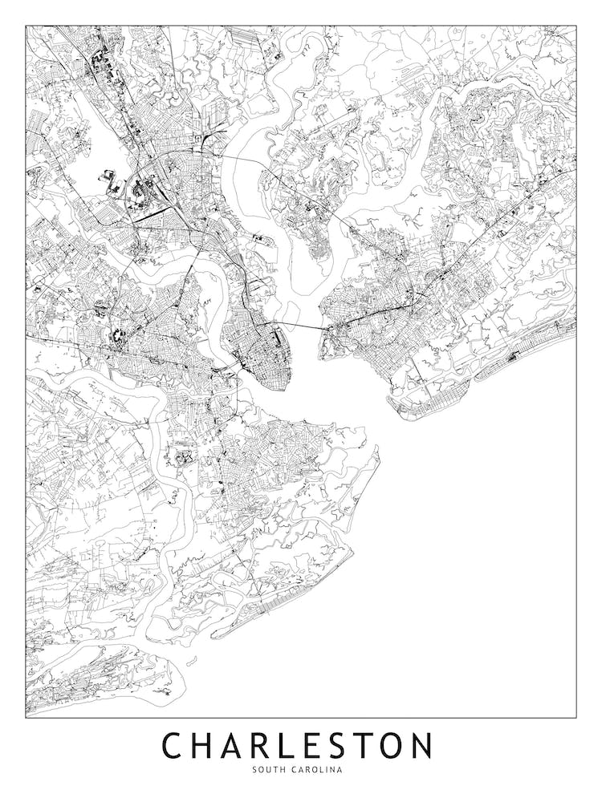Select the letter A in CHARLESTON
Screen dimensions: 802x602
(235, 745)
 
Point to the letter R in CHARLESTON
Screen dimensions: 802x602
(265, 745)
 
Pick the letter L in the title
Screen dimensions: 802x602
(291, 745)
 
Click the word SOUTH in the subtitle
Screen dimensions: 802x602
(267, 770)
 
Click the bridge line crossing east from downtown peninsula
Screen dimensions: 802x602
(301, 326)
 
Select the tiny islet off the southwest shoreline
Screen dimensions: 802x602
(192, 662)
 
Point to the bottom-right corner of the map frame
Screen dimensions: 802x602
(576, 716)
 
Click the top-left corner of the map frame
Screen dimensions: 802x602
(26, 26)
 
